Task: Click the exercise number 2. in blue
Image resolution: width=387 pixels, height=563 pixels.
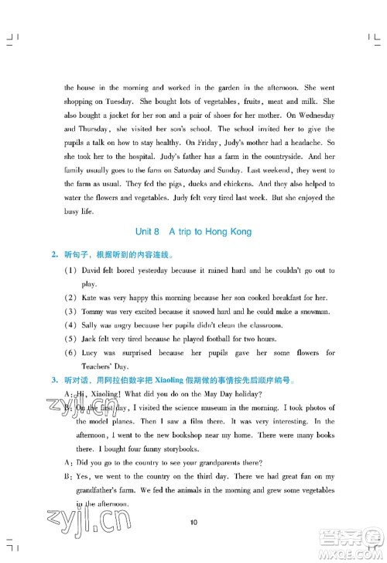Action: click(54, 254)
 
